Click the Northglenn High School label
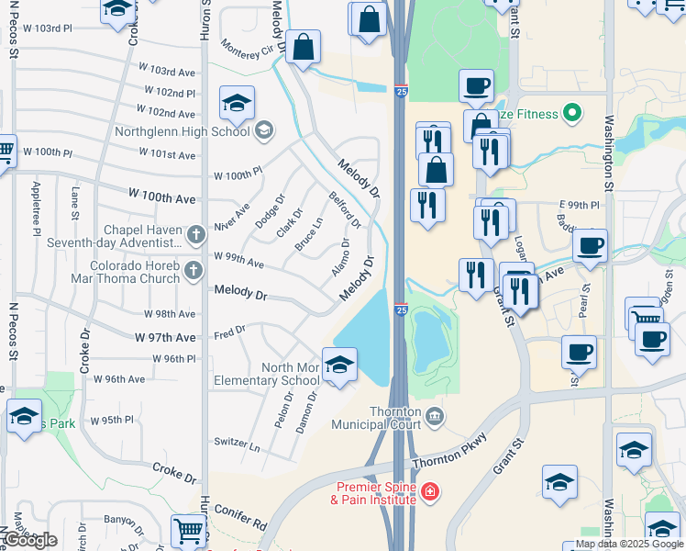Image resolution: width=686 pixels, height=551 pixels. (182, 130)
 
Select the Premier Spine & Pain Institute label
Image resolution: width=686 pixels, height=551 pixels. (377, 493)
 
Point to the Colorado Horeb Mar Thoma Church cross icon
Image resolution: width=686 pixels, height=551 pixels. (193, 270)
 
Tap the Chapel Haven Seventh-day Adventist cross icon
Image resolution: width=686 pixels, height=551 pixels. (194, 235)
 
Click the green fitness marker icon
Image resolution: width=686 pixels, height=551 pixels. (573, 115)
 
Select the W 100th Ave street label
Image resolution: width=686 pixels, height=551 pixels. (162, 198)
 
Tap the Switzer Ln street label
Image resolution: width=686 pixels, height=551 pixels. (237, 443)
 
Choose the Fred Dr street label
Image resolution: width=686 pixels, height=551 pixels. (228, 332)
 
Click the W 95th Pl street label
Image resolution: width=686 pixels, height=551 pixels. (112, 421)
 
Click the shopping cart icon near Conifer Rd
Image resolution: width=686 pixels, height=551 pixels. (188, 531)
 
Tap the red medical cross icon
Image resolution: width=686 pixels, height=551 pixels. (429, 493)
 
